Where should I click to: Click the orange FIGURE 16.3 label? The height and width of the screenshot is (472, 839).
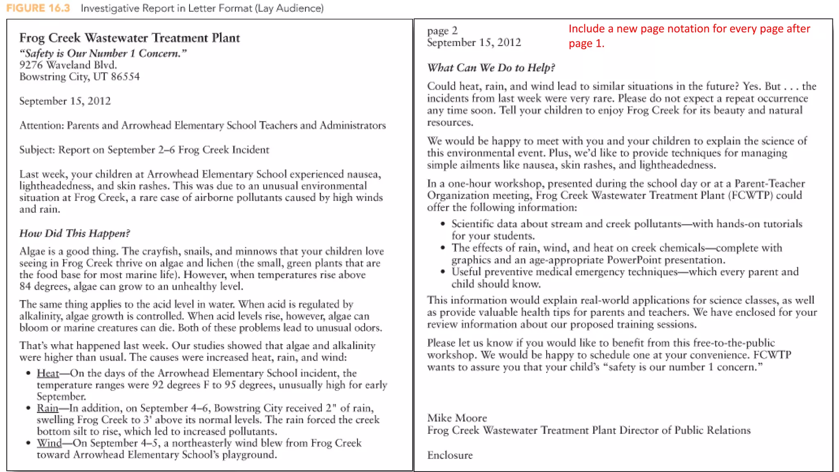coord(38,8)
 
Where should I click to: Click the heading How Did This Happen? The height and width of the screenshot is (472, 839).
coord(75,234)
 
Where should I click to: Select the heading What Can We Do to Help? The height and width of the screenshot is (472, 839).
coord(491,68)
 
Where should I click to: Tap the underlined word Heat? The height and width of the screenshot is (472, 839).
coord(48,373)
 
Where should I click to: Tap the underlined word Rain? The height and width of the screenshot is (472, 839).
coord(48,408)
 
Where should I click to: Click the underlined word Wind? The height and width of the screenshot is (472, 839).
coord(49,443)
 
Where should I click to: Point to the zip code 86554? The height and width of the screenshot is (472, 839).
coord(125,77)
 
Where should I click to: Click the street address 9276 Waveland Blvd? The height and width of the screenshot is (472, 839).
coord(68,65)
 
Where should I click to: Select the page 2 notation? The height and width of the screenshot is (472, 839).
coord(442,31)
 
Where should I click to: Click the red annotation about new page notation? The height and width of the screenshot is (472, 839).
coord(689,36)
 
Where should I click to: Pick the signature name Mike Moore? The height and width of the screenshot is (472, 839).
coord(457,418)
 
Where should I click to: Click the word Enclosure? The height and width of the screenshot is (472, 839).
coord(450,455)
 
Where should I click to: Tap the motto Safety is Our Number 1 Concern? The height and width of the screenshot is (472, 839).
coord(103,54)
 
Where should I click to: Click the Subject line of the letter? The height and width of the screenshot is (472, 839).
coord(144,150)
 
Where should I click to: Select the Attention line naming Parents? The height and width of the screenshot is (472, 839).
coord(202,125)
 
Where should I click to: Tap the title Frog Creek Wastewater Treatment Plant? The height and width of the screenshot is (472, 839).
coord(129,38)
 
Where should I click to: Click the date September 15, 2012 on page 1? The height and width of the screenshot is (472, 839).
coord(65,101)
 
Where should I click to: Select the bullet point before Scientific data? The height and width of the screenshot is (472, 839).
coord(442,224)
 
